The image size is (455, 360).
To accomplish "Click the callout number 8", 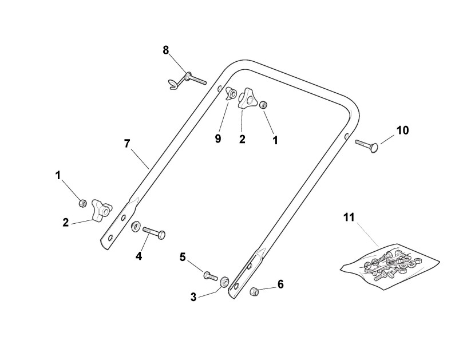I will [166, 50].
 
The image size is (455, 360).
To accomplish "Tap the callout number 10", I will [402, 130].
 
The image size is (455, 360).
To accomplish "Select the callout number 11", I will [349, 217].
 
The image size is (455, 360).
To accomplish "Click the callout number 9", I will [218, 139].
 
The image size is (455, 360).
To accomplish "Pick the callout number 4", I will [139, 256].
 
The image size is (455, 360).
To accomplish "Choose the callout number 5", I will [183, 257].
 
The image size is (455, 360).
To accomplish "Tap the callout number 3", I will [193, 296].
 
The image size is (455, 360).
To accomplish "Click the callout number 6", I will [280, 284].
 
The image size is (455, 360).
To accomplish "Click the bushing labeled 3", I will [224, 281].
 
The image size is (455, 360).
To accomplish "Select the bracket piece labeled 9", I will [231, 94].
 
